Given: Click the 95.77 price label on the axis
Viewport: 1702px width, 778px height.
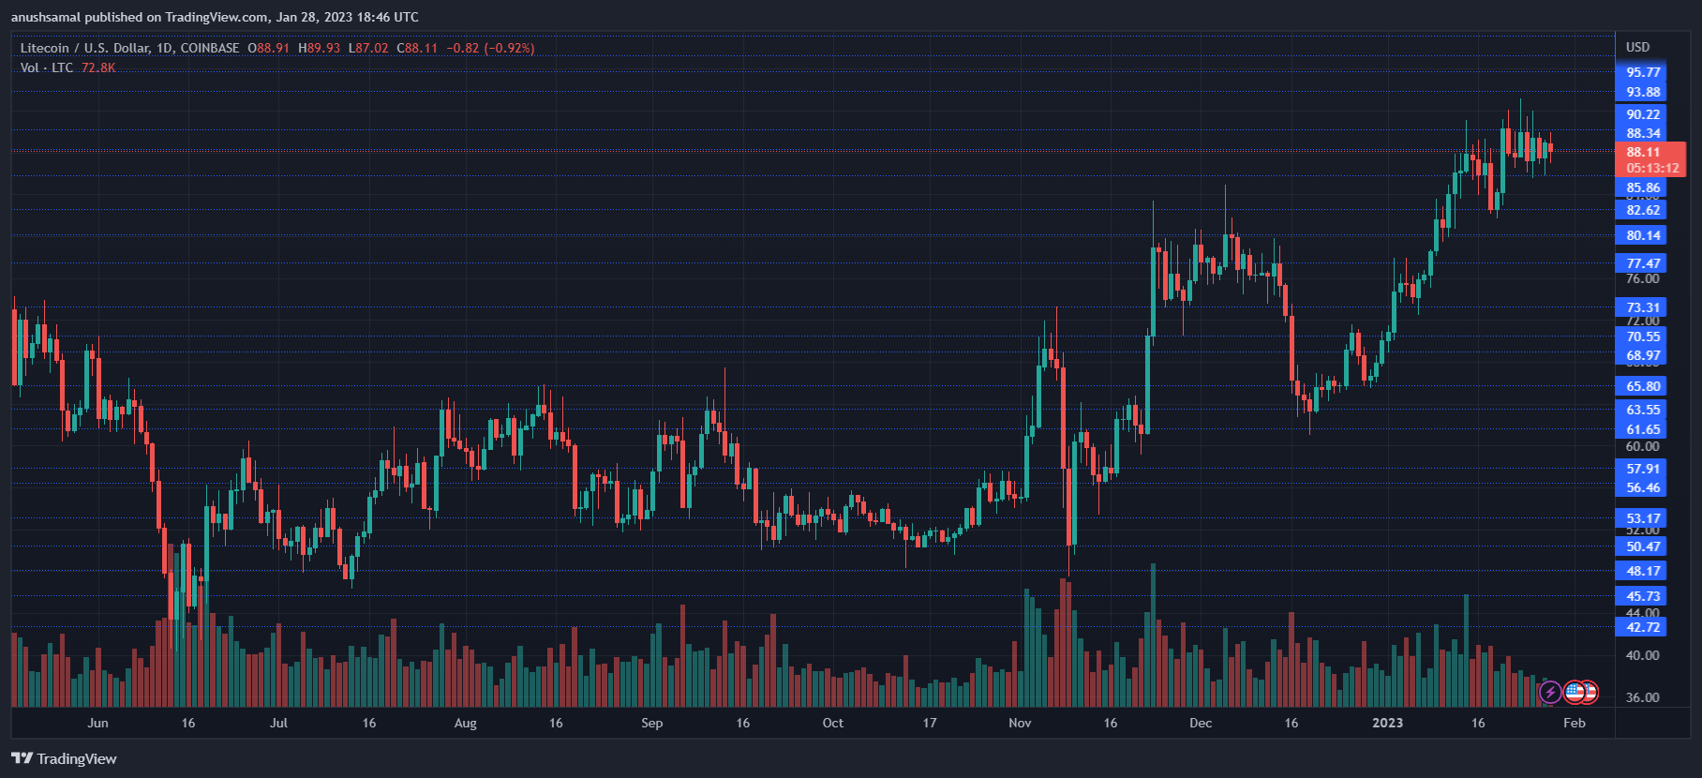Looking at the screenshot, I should [1642, 72].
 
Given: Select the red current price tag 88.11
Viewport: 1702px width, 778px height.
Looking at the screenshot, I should [1643, 152].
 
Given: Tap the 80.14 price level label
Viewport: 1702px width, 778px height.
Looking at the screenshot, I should [1642, 235].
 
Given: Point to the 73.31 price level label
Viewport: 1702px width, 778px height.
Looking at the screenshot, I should [1642, 307].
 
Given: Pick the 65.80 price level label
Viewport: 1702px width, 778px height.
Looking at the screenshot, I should [1642, 386].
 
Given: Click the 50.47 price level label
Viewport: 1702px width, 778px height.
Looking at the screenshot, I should [1642, 546].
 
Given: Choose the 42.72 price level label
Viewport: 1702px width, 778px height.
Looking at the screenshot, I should [1642, 627].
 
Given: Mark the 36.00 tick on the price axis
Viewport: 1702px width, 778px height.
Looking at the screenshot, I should [1642, 697].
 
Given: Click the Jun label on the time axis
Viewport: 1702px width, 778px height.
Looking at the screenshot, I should [97, 723].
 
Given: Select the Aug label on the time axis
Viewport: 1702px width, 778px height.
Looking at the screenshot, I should [465, 723].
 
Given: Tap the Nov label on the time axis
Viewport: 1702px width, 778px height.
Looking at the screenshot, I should [1020, 723].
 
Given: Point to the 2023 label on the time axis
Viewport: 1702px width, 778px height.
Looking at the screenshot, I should [1387, 723].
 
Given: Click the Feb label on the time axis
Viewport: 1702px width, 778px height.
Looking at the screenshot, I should [1575, 723].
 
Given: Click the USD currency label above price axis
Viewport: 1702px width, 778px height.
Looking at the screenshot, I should [1637, 47].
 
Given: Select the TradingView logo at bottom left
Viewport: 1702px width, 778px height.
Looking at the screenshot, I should [64, 758].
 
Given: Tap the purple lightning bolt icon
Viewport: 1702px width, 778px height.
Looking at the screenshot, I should [1550, 693].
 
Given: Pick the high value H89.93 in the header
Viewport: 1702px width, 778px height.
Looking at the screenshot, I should [319, 48].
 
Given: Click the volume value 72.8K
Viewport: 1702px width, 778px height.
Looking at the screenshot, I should [98, 67].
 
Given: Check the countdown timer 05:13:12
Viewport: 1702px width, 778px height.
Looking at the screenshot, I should [1652, 168].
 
